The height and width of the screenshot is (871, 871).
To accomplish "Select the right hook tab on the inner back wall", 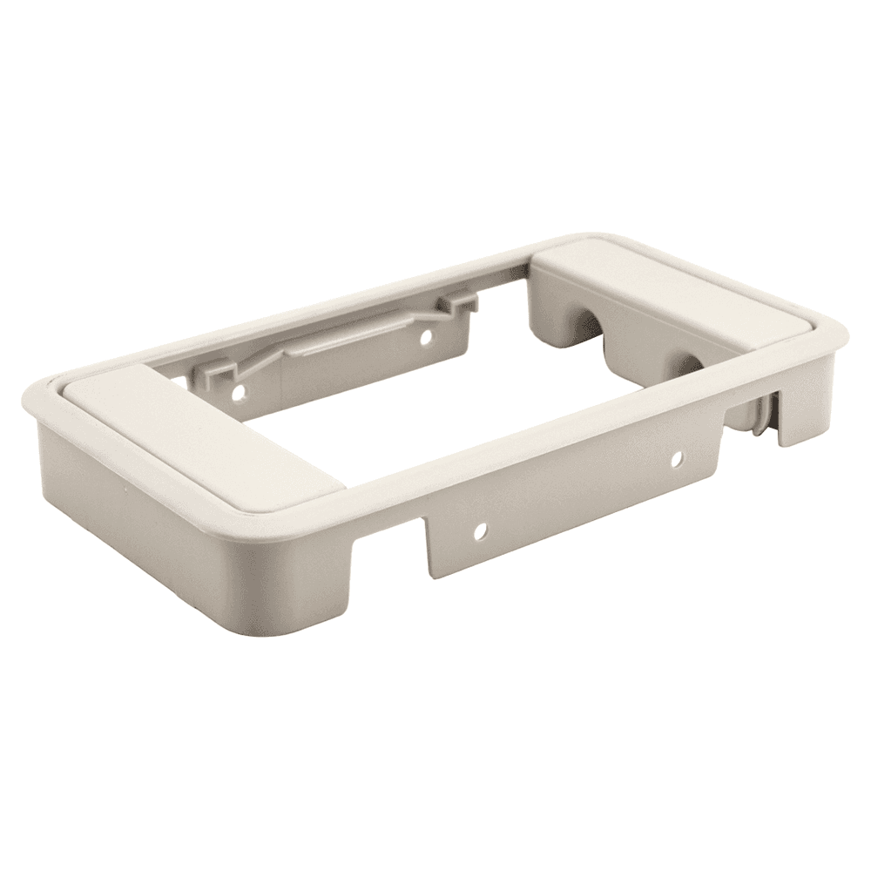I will coord(462,301).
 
